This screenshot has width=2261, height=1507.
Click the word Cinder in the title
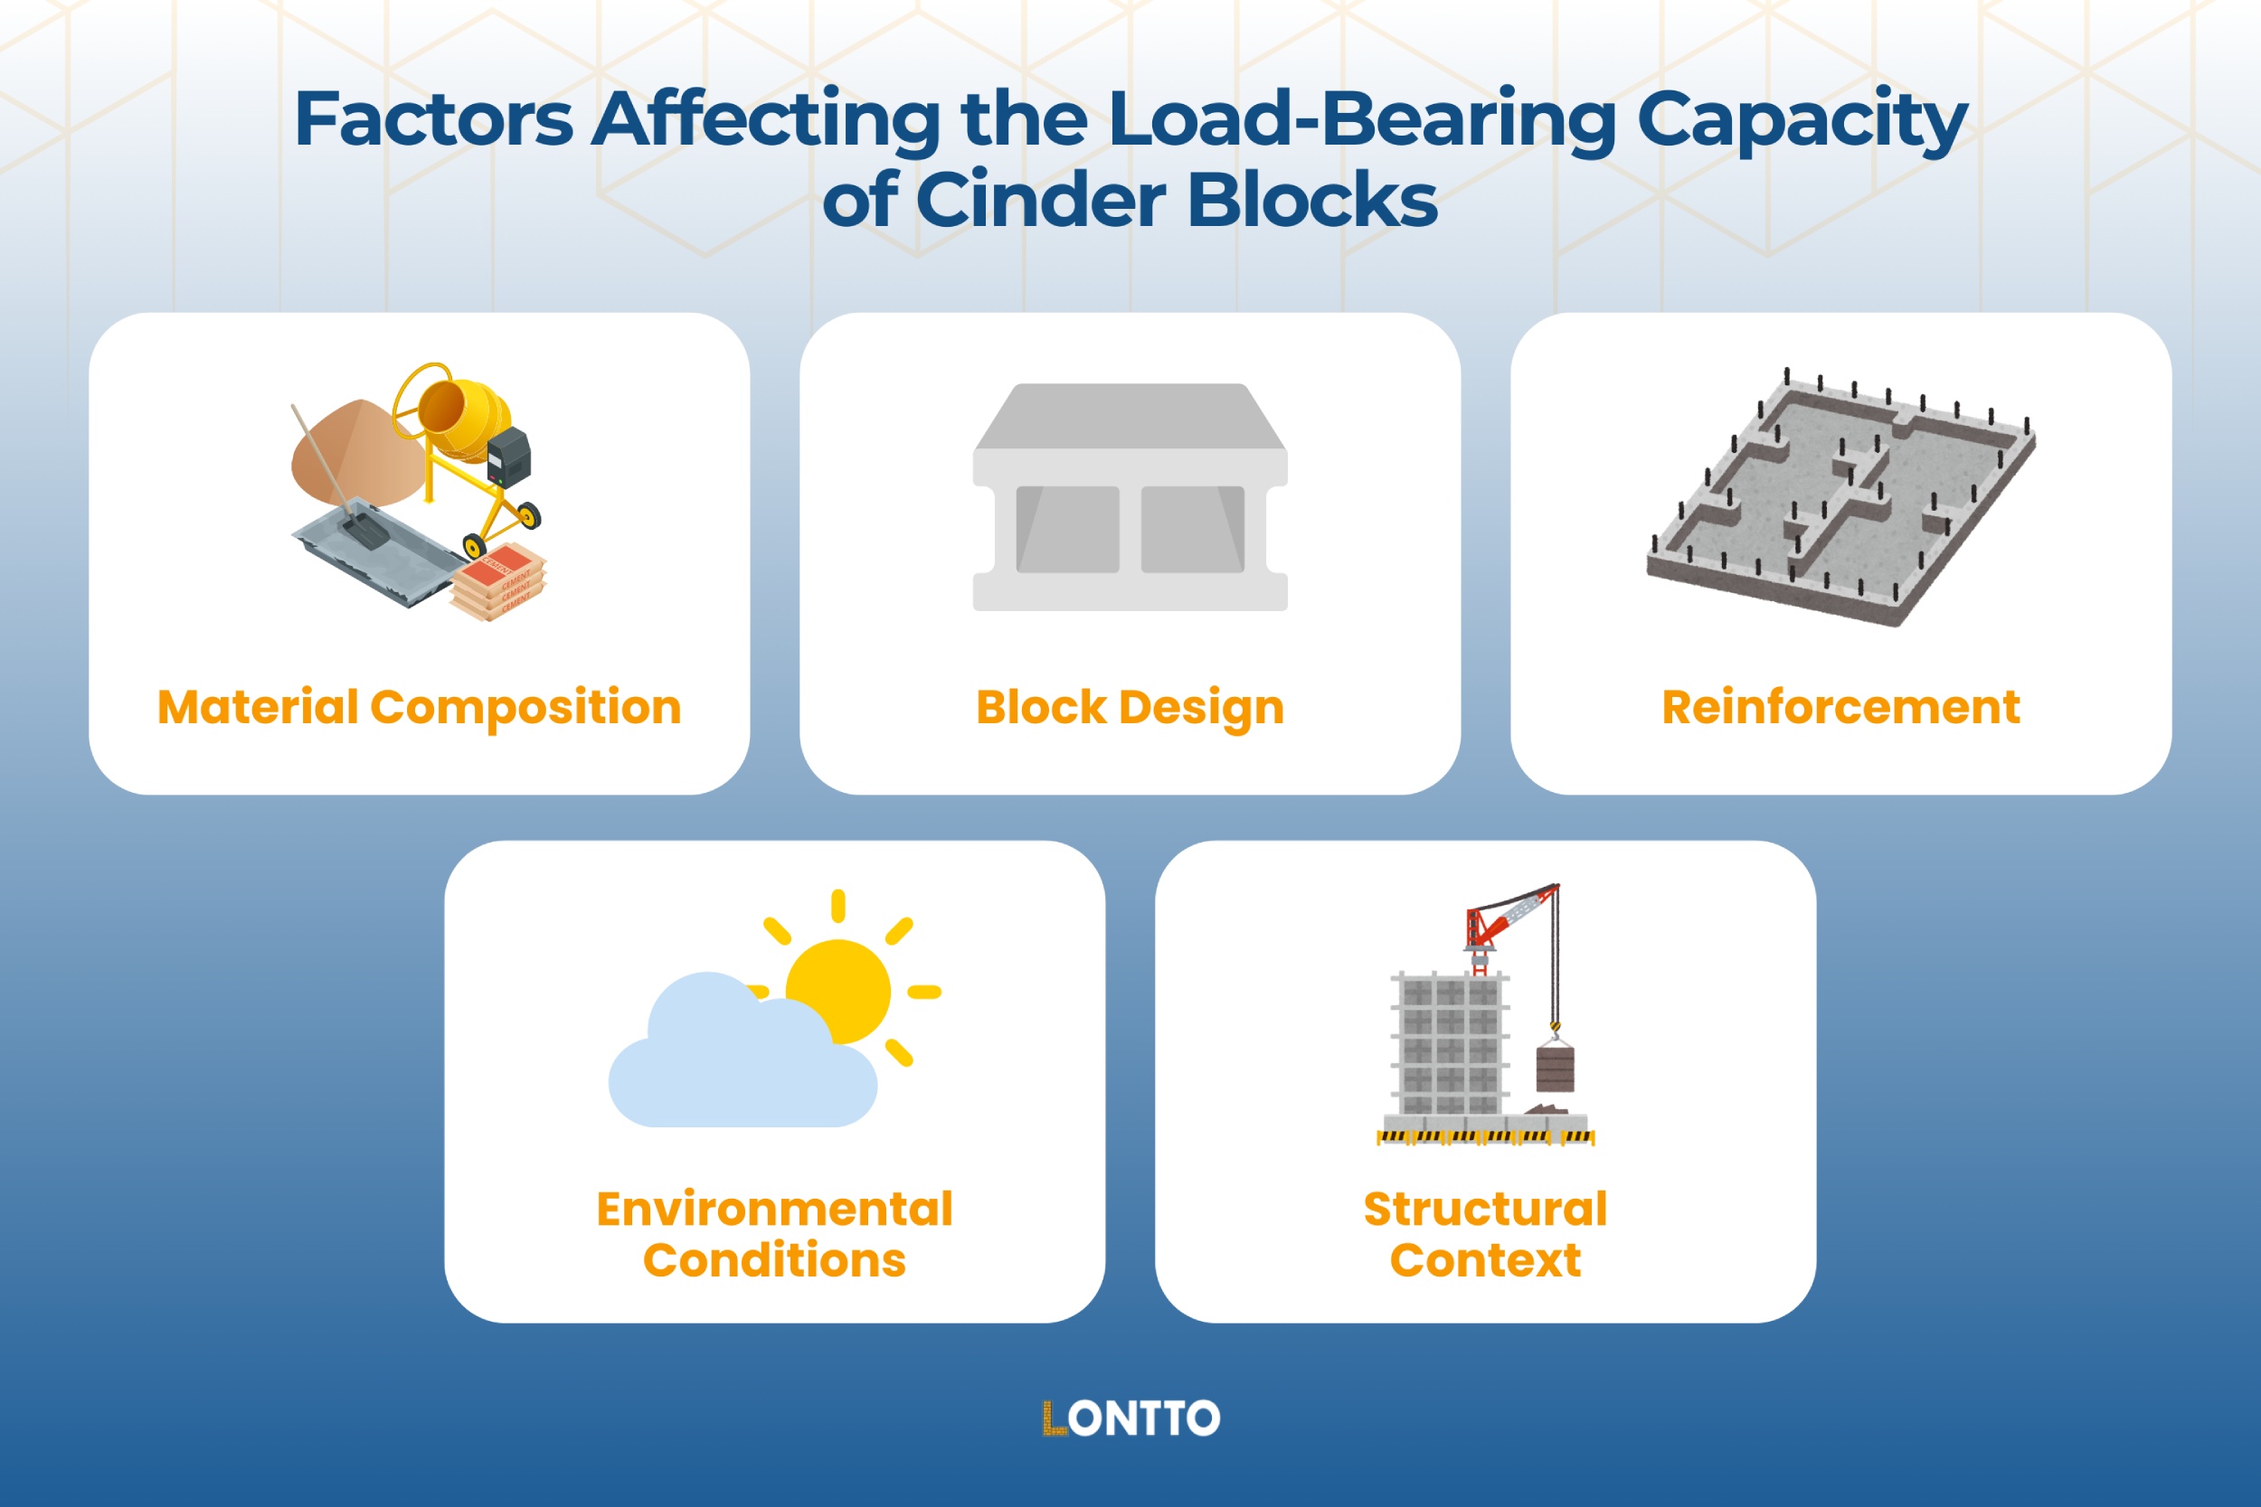(x=1041, y=200)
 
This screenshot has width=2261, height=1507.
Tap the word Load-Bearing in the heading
(x=1361, y=119)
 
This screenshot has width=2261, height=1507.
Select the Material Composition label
(x=419, y=707)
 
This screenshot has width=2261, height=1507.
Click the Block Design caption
(x=1130, y=707)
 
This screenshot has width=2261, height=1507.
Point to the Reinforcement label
(x=1840, y=707)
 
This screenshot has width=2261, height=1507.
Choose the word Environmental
(x=774, y=1209)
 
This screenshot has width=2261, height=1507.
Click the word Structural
(x=1485, y=1209)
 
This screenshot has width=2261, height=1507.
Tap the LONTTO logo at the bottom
(x=1130, y=1418)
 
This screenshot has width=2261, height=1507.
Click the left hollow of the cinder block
(x=1067, y=530)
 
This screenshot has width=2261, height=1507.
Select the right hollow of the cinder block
(x=1192, y=530)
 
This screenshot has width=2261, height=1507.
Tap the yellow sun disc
(x=838, y=990)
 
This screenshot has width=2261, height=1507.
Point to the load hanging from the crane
(x=1555, y=1068)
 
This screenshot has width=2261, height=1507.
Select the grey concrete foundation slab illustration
(x=1840, y=500)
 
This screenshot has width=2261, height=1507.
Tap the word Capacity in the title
(x=1802, y=119)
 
